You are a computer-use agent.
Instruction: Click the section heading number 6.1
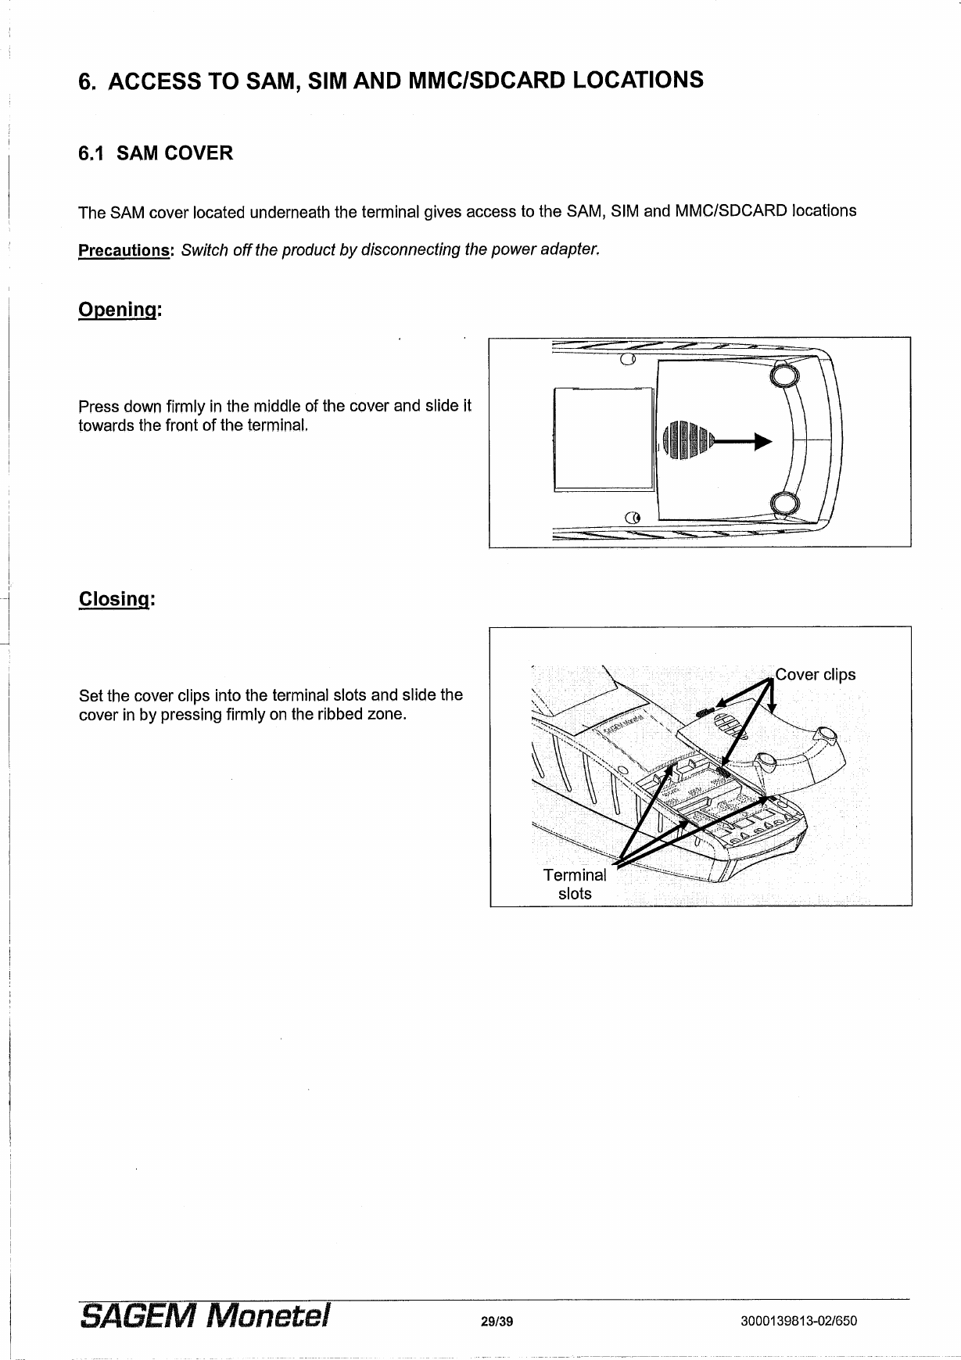(92, 153)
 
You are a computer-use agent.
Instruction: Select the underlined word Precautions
(124, 251)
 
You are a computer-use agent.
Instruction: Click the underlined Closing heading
(116, 599)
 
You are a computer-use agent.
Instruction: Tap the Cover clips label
(815, 674)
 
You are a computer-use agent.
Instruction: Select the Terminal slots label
(575, 884)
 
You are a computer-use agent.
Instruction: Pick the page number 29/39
(497, 1322)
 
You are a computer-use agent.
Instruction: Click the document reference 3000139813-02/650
(798, 1322)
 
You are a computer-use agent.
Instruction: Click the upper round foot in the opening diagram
(784, 376)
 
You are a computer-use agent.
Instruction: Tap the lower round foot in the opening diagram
(784, 503)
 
